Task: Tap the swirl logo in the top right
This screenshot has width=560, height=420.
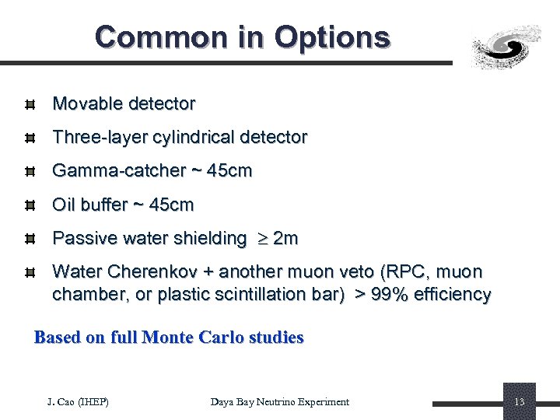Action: (x=507, y=46)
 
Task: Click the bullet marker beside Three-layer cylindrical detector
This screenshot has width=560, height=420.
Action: (x=28, y=138)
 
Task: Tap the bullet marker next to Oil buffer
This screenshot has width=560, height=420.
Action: (x=28, y=205)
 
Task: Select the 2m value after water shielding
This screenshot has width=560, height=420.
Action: (x=285, y=239)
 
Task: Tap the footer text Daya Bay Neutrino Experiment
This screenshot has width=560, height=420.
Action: (x=280, y=401)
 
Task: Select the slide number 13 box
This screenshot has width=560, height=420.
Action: (x=520, y=401)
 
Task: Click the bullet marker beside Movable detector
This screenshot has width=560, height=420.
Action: (x=28, y=104)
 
